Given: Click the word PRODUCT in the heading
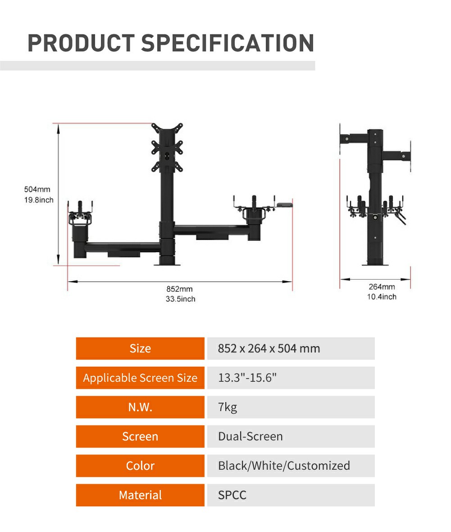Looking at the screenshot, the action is click(81, 43).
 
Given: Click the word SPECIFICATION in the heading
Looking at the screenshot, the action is click(228, 43).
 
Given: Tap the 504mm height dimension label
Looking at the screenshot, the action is click(37, 190).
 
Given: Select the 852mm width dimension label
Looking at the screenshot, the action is click(179, 289).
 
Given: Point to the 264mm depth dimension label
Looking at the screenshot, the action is click(382, 287).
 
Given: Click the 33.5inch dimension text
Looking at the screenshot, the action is click(180, 299).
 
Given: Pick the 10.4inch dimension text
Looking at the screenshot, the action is click(382, 297).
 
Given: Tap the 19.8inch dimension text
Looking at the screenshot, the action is click(39, 200).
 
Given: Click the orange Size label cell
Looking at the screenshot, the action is click(140, 348).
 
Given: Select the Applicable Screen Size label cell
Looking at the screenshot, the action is click(140, 378).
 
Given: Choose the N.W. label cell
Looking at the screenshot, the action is click(140, 407).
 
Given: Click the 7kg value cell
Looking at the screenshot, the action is click(291, 407).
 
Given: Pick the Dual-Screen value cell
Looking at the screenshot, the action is click(291, 436).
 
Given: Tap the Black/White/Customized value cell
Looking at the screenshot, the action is click(291, 466).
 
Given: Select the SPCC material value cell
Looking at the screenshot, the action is click(291, 495).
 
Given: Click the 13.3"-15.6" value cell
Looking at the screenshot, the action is click(291, 378).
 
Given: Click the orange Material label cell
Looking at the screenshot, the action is click(140, 495).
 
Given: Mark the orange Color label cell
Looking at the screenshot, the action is click(140, 466).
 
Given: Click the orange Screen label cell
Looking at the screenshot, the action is click(140, 436).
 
